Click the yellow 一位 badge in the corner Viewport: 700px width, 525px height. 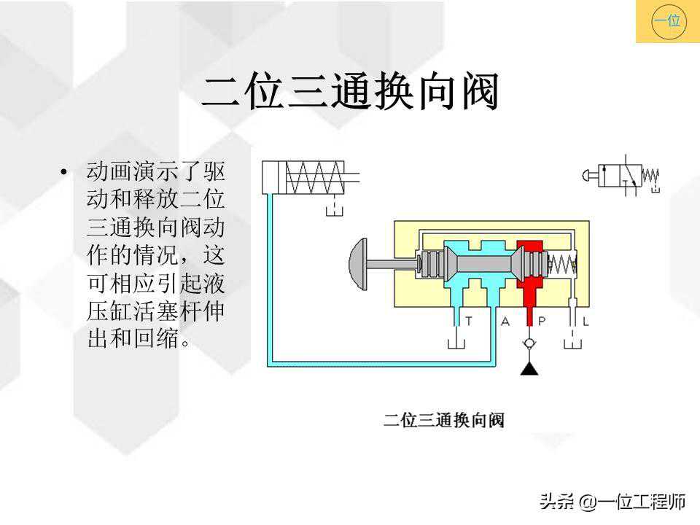(667, 21)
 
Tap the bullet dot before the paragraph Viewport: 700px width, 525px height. (64, 173)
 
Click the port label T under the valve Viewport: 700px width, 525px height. (468, 321)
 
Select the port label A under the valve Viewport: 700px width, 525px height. (505, 321)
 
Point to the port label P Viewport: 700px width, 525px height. (541, 321)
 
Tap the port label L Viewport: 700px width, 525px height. (586, 321)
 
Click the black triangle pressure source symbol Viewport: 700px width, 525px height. (530, 369)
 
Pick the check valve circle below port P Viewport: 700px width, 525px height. (530, 343)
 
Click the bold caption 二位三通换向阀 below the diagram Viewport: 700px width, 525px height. (444, 420)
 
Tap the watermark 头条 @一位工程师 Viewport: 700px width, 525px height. (612, 502)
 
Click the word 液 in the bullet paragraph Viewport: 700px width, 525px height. (214, 283)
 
